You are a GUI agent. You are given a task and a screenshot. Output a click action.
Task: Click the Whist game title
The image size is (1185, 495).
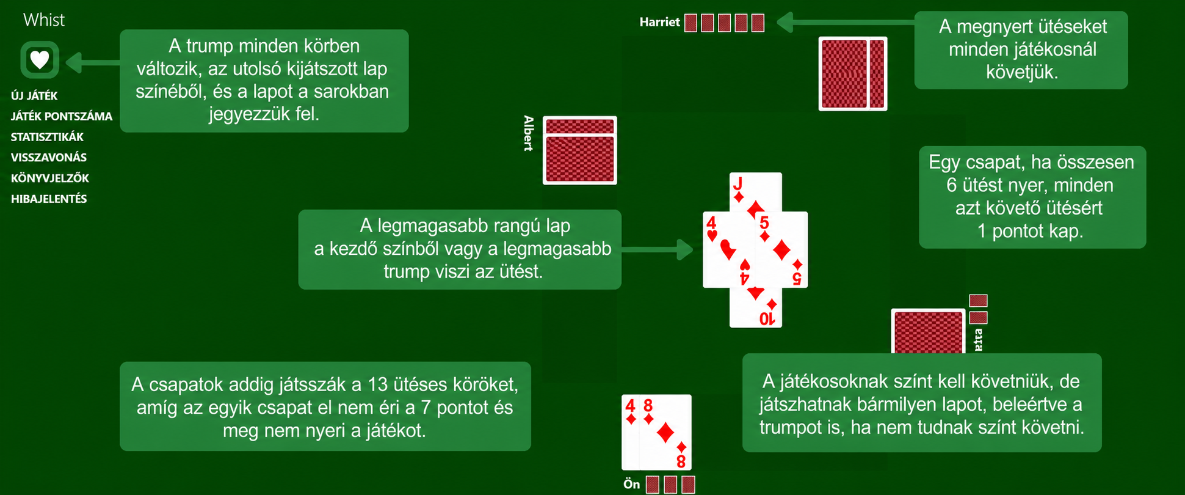coord(44,20)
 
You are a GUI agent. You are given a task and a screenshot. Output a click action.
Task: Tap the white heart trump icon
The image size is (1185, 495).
coord(40,60)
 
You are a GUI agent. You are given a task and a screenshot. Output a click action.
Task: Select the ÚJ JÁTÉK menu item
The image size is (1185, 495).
coord(34,96)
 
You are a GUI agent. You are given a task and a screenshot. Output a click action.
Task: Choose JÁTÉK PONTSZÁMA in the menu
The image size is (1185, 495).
coord(62,116)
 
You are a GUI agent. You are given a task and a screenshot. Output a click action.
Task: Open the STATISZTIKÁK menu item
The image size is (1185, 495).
coord(47,137)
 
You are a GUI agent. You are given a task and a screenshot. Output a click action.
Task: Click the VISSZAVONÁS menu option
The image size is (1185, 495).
coord(49,158)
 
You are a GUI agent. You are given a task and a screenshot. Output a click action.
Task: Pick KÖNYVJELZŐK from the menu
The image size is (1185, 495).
coord(50,178)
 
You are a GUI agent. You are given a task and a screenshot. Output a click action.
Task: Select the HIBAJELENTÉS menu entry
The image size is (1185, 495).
coord(49,199)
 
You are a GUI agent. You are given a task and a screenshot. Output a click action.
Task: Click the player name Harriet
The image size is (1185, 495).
coord(659,23)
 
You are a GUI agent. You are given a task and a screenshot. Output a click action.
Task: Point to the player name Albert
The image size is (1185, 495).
coord(529,133)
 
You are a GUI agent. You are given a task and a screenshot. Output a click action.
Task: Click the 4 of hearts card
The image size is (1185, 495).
coord(728,249)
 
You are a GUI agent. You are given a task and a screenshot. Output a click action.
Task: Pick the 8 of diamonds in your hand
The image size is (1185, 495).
coord(665,432)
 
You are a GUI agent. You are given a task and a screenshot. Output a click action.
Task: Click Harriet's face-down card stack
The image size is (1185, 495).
coord(853,74)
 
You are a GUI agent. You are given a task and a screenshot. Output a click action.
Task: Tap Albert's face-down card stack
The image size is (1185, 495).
coord(580,150)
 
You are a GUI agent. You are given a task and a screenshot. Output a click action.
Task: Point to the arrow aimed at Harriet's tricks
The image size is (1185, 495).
coord(846,23)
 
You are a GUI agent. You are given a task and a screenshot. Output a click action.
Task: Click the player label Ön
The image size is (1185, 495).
coord(632,485)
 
